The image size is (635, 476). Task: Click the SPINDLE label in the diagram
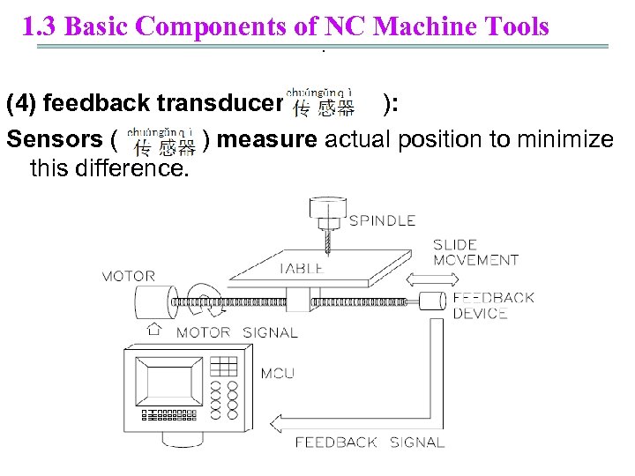pos(381,220)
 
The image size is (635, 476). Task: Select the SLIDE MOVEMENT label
pos(475,252)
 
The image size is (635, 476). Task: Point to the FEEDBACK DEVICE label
pos(493,305)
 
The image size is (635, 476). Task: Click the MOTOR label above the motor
pos(129,277)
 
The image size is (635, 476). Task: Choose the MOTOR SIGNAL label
pos(236,332)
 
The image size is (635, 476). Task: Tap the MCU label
pos(278,374)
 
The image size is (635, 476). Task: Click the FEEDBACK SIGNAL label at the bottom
pos(370,443)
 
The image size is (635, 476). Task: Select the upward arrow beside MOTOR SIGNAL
pos(155,331)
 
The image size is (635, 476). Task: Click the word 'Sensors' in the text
pos(55,139)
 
